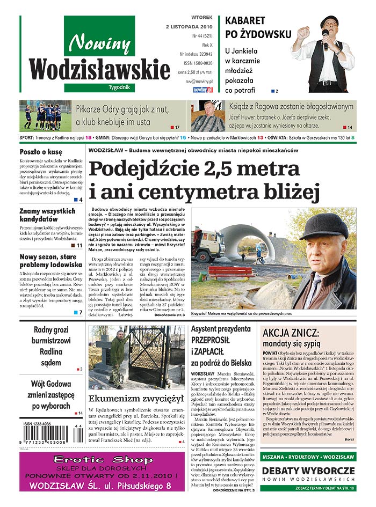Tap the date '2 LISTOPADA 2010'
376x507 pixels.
(x=189, y=26)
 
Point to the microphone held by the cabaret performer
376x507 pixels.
(x=325, y=38)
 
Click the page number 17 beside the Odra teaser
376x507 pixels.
(x=177, y=127)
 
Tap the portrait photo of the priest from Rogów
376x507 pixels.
(x=207, y=116)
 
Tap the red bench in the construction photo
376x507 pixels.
(x=232, y=271)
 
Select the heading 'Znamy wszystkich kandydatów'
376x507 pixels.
(x=48, y=215)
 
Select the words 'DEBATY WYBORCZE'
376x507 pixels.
(x=308, y=471)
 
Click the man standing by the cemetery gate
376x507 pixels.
(x=119, y=357)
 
